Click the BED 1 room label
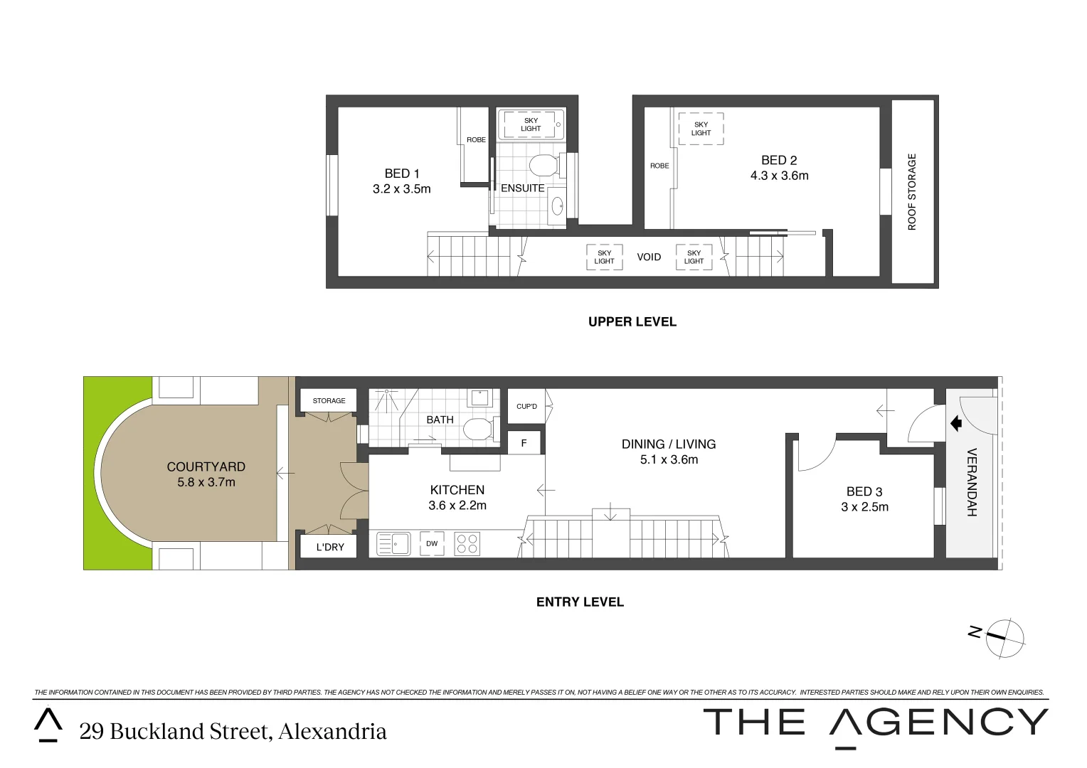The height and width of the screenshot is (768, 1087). point(401,174)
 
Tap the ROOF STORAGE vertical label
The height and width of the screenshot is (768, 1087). point(912,192)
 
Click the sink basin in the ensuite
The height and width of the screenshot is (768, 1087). point(557,207)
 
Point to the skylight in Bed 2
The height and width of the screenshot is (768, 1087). point(701,129)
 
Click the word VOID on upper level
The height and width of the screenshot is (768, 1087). point(648,257)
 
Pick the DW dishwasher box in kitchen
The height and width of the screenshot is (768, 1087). point(432,544)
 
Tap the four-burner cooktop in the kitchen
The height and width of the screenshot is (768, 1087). point(467,544)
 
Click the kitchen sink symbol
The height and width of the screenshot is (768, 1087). point(393,544)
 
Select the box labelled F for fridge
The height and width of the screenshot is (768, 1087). point(524,443)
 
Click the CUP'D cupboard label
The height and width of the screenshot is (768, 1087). point(526,406)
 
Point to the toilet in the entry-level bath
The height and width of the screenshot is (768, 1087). point(478,429)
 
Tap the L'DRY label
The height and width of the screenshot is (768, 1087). point(329,547)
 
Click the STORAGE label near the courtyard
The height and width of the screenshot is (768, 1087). point(329,401)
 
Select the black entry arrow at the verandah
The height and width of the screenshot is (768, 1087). point(955,424)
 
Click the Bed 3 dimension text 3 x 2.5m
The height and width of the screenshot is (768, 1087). point(864,507)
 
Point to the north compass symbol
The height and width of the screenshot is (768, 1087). point(1003,637)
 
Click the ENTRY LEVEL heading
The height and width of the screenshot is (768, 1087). point(580,602)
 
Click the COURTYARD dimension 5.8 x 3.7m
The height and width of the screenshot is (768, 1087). point(206,482)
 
